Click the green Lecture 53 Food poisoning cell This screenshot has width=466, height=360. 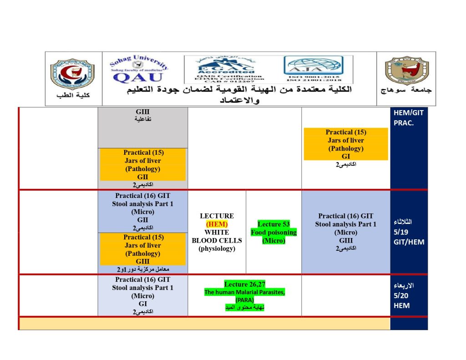[274, 232]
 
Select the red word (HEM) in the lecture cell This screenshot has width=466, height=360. [217, 224]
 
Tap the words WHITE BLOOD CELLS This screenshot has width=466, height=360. [217, 236]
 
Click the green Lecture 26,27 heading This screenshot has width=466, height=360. [244, 284]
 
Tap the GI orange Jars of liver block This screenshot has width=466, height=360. [346, 144]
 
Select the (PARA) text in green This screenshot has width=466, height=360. [244, 300]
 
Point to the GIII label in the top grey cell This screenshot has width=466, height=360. [142, 112]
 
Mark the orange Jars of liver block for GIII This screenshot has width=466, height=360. [142, 249]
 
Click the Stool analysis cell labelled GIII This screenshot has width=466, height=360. [345, 228]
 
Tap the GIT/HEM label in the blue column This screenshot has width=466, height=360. [409, 242]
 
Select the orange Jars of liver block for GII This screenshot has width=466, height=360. [142, 164]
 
